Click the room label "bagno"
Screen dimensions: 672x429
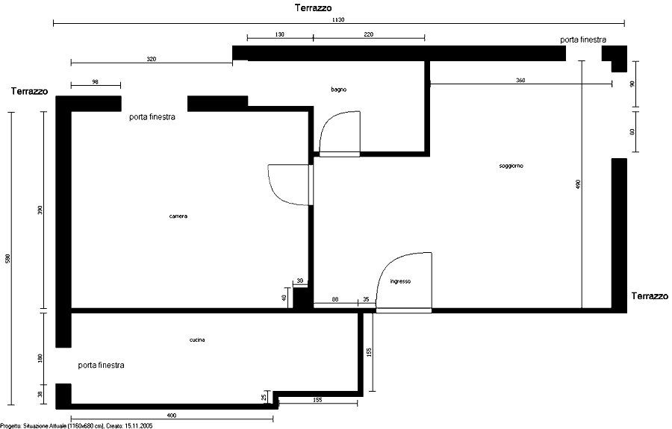(338, 90)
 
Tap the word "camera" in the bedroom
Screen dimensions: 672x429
(178, 216)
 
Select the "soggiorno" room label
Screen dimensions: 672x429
(511, 166)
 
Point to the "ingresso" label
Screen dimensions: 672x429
(400, 281)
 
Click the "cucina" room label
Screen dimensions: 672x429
(197, 340)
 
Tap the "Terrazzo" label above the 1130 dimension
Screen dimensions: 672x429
(313, 7)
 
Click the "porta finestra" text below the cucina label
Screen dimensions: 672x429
(101, 365)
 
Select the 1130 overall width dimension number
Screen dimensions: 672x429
(338, 19)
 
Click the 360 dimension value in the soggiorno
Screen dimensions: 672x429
(520, 81)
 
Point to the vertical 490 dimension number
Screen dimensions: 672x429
(578, 184)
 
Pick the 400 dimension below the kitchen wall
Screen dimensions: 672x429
(172, 416)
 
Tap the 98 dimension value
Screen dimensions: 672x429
(95, 82)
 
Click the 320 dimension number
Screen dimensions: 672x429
(152, 59)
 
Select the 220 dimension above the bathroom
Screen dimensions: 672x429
(369, 34)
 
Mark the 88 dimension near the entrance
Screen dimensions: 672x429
(335, 299)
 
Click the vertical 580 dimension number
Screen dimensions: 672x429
(7, 259)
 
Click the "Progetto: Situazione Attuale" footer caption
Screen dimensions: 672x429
(76, 426)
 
